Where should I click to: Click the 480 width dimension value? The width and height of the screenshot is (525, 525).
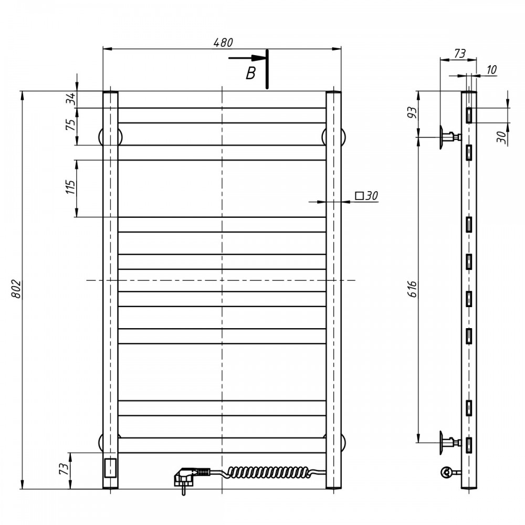tap(223, 43)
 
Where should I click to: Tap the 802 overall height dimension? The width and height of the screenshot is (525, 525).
tap(16, 289)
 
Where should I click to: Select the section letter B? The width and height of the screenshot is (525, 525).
tap(250, 73)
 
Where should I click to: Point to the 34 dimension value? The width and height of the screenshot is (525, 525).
tap(71, 99)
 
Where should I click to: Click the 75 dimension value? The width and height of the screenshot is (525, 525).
tap(71, 124)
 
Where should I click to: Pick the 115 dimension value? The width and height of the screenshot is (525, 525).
tap(71, 187)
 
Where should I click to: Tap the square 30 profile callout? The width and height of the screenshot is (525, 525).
tap(366, 195)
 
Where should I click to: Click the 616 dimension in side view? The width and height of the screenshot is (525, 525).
tap(413, 289)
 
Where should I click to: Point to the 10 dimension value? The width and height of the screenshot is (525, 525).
tap(491, 70)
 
